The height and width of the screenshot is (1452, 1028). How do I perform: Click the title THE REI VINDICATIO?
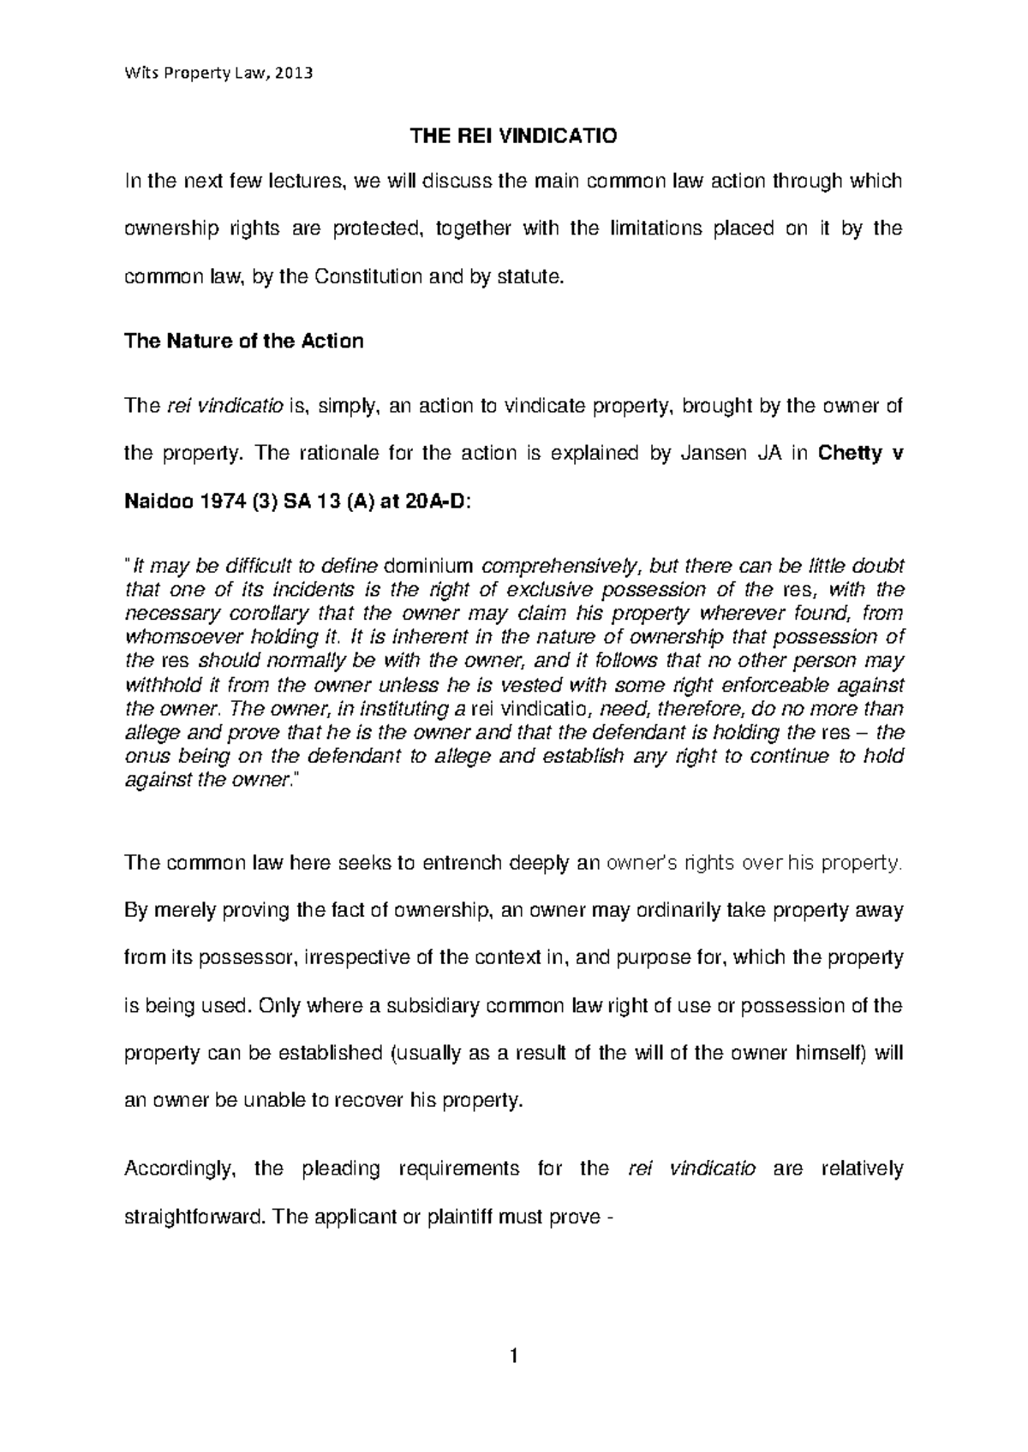[514, 135]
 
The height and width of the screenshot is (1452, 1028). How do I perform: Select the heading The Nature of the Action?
[244, 341]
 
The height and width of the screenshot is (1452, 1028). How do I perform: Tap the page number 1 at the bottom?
[513, 1357]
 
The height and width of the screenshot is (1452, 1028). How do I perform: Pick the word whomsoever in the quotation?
[175, 637]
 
